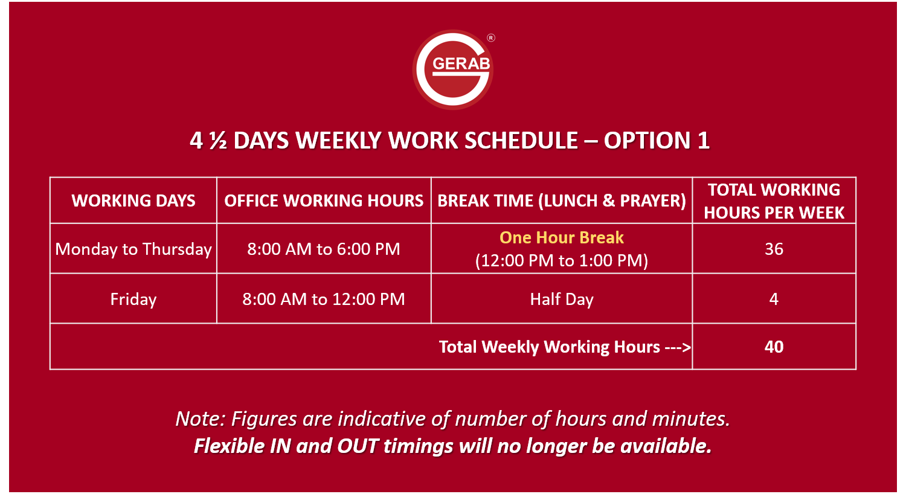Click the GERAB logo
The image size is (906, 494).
click(x=453, y=69)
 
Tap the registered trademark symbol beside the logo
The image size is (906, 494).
click(x=490, y=38)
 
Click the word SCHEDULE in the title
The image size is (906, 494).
click(x=521, y=141)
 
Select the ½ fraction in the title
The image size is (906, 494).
click(x=219, y=141)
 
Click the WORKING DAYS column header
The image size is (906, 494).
click(x=133, y=200)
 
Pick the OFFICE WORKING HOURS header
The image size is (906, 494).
click(x=324, y=200)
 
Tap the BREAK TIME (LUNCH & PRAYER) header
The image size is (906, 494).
click(x=562, y=200)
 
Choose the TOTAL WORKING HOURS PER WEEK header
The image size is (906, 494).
click(x=774, y=201)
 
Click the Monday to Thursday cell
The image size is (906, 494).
click(x=133, y=249)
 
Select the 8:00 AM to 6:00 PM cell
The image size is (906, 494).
click(x=324, y=249)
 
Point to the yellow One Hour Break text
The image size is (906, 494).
click(x=561, y=237)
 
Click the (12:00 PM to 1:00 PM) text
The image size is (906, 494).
click(x=561, y=260)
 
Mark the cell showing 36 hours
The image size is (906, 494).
click(x=774, y=249)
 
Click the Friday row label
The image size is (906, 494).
click(x=133, y=300)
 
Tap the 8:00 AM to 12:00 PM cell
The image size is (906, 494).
click(x=324, y=299)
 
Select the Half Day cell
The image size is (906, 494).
click(x=561, y=300)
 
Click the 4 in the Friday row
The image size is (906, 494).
click(x=774, y=299)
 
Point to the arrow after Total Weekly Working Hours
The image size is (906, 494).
click(x=678, y=347)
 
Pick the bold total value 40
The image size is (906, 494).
click(x=774, y=347)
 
